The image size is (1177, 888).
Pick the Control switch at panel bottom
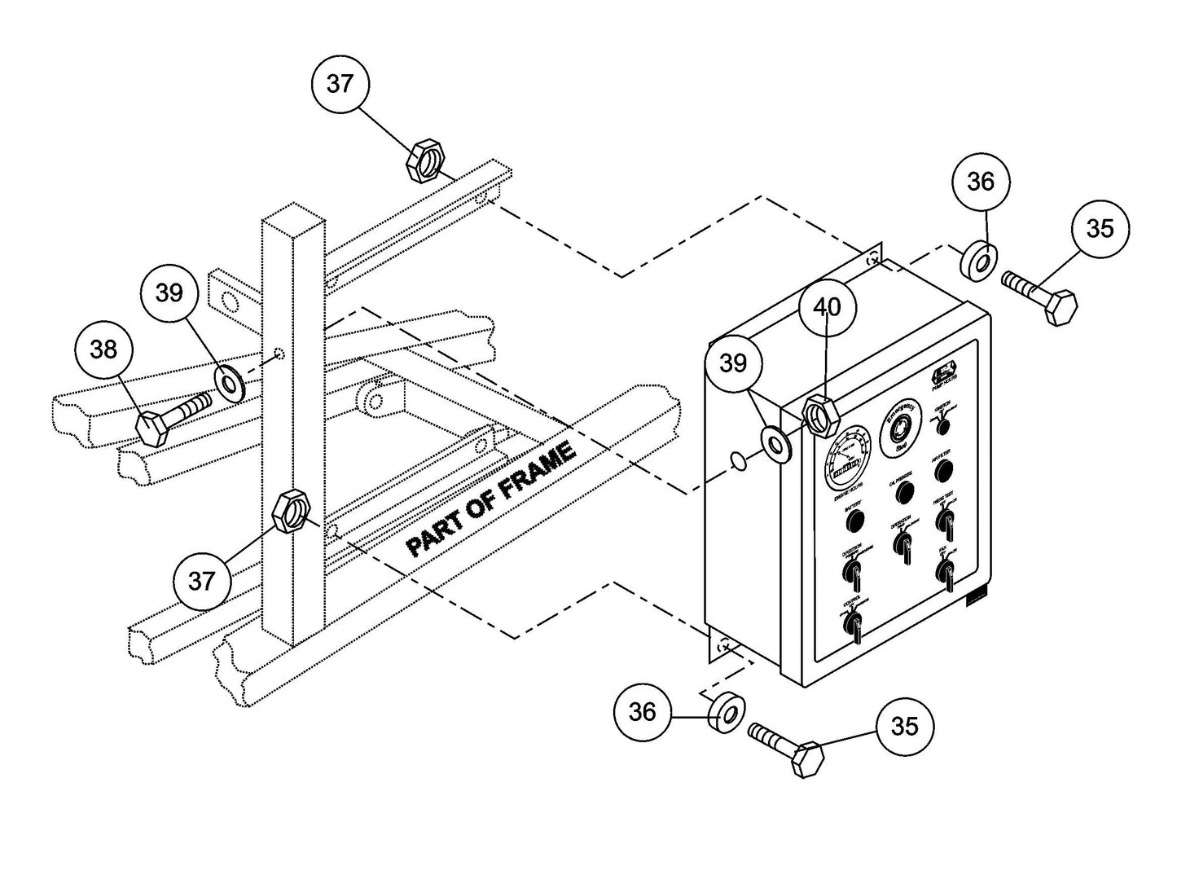[x=853, y=622]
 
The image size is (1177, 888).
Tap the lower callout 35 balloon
[x=905, y=725]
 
